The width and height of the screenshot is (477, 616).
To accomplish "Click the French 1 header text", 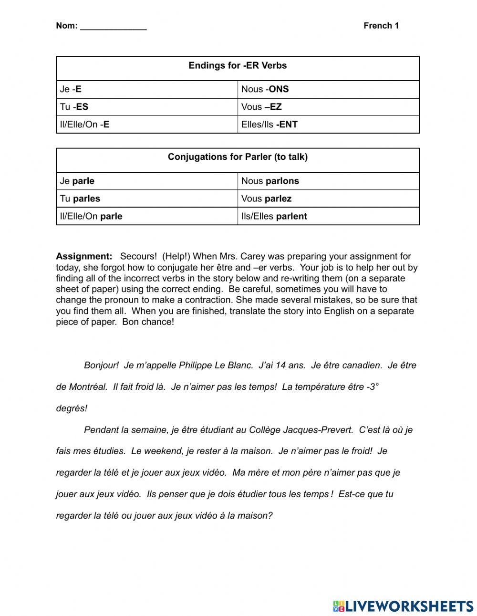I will [381, 26].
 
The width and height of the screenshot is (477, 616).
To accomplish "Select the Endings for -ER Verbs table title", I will [238, 66].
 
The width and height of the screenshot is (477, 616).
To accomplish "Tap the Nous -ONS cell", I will [265, 89].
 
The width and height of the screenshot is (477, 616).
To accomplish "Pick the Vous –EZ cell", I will [261, 107].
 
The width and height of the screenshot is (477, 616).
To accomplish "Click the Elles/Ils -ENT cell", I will [269, 125].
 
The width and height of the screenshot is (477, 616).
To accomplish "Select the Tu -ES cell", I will [74, 107].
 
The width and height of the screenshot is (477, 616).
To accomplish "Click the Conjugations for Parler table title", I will [238, 157].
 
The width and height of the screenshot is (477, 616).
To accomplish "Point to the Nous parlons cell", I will [270, 181].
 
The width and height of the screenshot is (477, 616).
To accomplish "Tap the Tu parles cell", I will [80, 198].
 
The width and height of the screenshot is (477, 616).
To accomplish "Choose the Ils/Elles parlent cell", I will [274, 216].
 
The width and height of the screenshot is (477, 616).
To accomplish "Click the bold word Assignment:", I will [84, 256].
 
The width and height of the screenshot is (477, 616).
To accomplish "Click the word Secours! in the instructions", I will [138, 256].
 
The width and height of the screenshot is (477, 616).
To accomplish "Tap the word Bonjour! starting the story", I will [101, 365].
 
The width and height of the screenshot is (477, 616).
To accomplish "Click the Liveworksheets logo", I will [403, 606].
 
